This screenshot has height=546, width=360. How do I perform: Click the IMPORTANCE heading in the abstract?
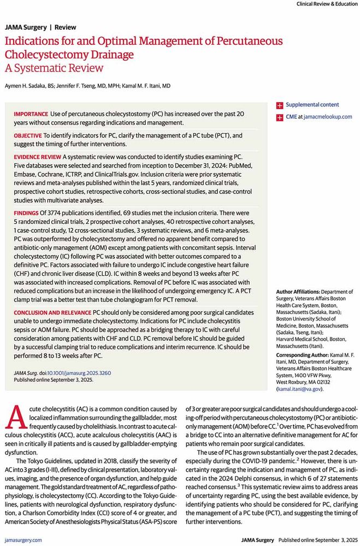(31, 114)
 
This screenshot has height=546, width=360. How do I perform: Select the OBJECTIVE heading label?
(28, 135)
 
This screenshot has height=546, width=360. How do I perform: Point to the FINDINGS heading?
(25, 211)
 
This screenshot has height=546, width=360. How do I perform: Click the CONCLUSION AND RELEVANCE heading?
(52, 311)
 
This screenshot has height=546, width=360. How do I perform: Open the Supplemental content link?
(312, 104)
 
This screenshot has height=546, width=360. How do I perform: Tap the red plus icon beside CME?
(280, 117)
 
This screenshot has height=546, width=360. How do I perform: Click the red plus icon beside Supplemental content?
(280, 105)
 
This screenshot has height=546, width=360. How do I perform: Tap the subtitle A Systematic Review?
(54, 68)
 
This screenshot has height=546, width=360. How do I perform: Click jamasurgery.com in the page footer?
(22, 540)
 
